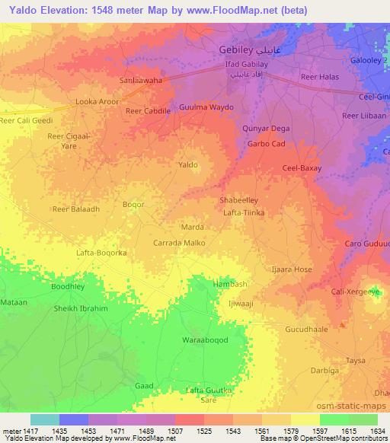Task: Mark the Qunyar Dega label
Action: (x=266, y=129)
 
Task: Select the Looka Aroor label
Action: (x=97, y=100)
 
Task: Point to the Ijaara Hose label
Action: (x=292, y=269)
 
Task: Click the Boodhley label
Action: (x=68, y=287)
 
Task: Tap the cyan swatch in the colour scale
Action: (x=45, y=419)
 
